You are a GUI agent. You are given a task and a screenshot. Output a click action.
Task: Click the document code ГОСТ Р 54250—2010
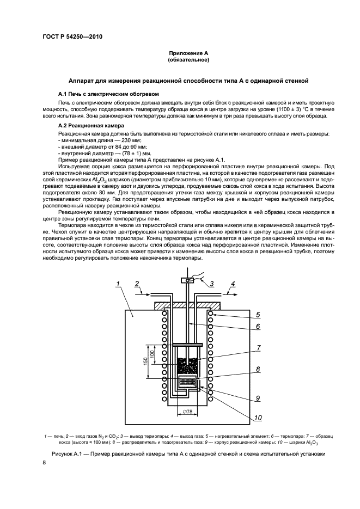pos(72,36)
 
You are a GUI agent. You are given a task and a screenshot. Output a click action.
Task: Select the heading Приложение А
pos(188,53)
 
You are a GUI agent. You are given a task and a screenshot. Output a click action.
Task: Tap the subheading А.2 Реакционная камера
pos(91,125)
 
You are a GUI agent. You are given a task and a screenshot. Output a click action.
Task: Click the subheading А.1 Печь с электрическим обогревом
pos(108,94)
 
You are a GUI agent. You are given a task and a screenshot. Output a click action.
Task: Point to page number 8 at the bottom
pos(45,463)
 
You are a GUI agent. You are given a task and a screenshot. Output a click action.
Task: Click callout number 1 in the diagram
pos(119,284)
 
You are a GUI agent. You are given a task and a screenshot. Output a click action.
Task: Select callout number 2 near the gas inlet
pos(137,284)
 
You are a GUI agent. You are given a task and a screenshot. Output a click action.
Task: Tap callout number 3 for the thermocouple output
pos(211,284)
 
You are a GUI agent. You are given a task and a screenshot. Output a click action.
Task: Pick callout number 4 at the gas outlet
pos(233,284)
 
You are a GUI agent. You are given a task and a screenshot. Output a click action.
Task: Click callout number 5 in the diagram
pos(258,315)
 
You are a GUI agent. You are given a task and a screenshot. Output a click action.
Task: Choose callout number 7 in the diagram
pos(258,348)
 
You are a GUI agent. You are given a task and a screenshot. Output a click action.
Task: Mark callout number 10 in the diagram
pos(258,418)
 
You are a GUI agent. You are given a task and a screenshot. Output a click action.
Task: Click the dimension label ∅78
pos(187,412)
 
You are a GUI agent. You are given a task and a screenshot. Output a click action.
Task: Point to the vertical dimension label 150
pos(146,361)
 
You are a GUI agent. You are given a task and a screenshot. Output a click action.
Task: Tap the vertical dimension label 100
pos(152,354)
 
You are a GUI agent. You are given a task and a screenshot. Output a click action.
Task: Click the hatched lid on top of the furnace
pos(188,306)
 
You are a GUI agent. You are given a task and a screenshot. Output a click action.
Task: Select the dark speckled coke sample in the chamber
pos(188,365)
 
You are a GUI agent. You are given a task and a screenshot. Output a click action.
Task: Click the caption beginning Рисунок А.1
pos(188,453)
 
